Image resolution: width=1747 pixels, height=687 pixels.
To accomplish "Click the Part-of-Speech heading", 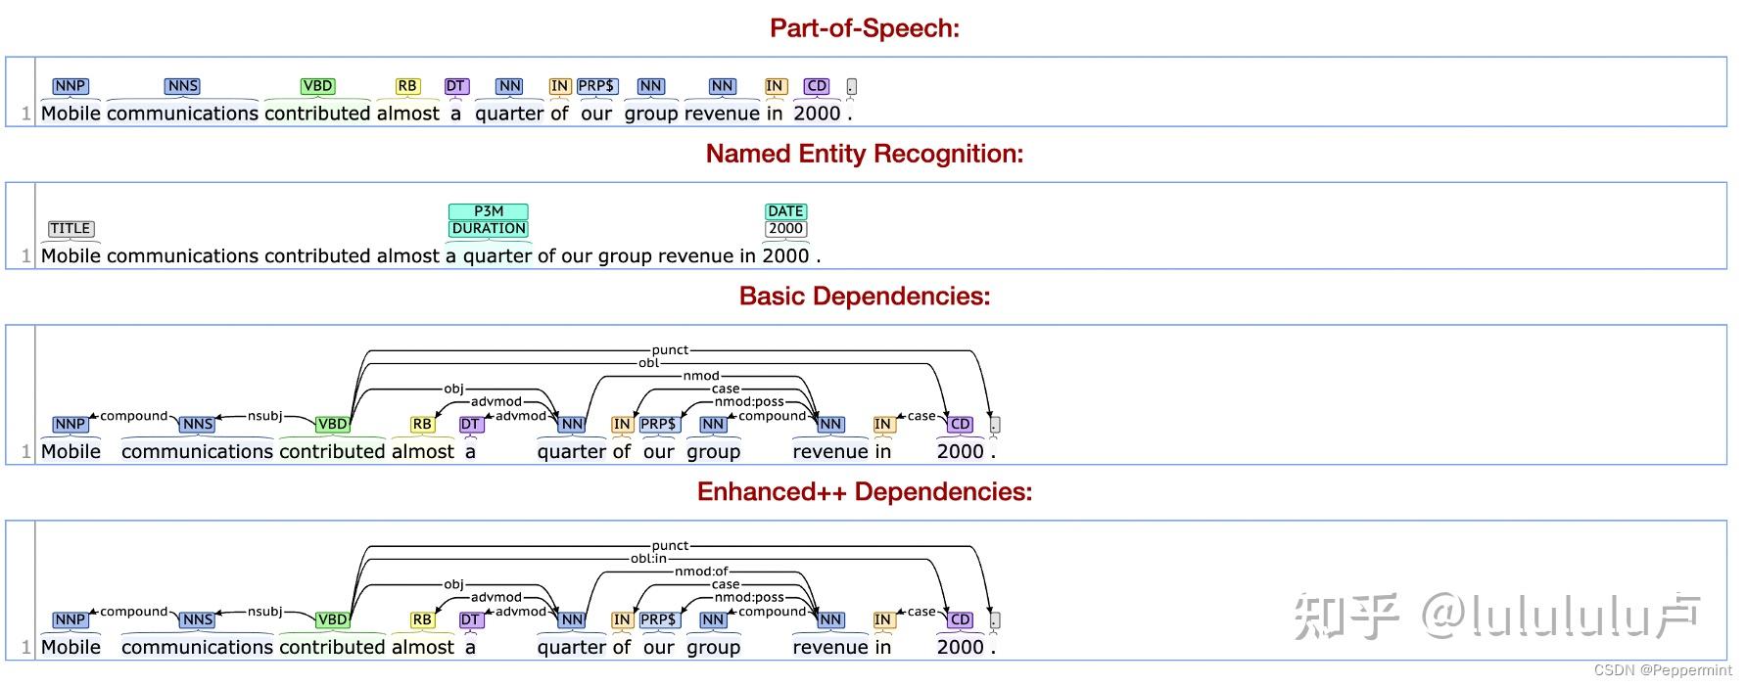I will point(864,28).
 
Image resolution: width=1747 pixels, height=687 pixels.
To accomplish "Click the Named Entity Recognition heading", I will point(864,154).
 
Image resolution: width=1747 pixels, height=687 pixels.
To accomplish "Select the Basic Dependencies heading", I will point(864,297).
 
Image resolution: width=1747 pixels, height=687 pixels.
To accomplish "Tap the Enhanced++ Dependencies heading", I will point(864,491).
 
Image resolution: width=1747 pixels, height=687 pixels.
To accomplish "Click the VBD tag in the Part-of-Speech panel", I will point(317,86).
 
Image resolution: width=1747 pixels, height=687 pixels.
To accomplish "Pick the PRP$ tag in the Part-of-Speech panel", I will point(595,86).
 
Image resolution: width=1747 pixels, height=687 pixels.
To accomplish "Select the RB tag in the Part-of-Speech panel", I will point(407,86).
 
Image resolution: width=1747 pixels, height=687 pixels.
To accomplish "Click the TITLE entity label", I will point(71,229).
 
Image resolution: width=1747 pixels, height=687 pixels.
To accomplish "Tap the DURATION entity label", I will point(489,229).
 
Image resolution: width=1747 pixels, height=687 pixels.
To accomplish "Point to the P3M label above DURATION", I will point(489,211).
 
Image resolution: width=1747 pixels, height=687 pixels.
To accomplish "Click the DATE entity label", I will point(785,211).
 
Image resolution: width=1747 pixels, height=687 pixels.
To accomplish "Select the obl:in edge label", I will point(648,559).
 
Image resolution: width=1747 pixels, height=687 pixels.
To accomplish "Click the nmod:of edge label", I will point(701,572).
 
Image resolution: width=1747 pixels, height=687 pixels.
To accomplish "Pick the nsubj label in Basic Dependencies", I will point(264,416).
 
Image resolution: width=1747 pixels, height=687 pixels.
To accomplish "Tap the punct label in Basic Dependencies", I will point(670,350).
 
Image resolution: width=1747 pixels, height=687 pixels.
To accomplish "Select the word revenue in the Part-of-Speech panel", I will point(722,114).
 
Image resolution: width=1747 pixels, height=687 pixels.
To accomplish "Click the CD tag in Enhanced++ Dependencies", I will point(960,619).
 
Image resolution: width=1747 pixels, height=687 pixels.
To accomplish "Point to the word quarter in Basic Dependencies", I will point(572,452).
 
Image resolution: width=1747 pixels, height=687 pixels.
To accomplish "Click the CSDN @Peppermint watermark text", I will point(1662,670).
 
